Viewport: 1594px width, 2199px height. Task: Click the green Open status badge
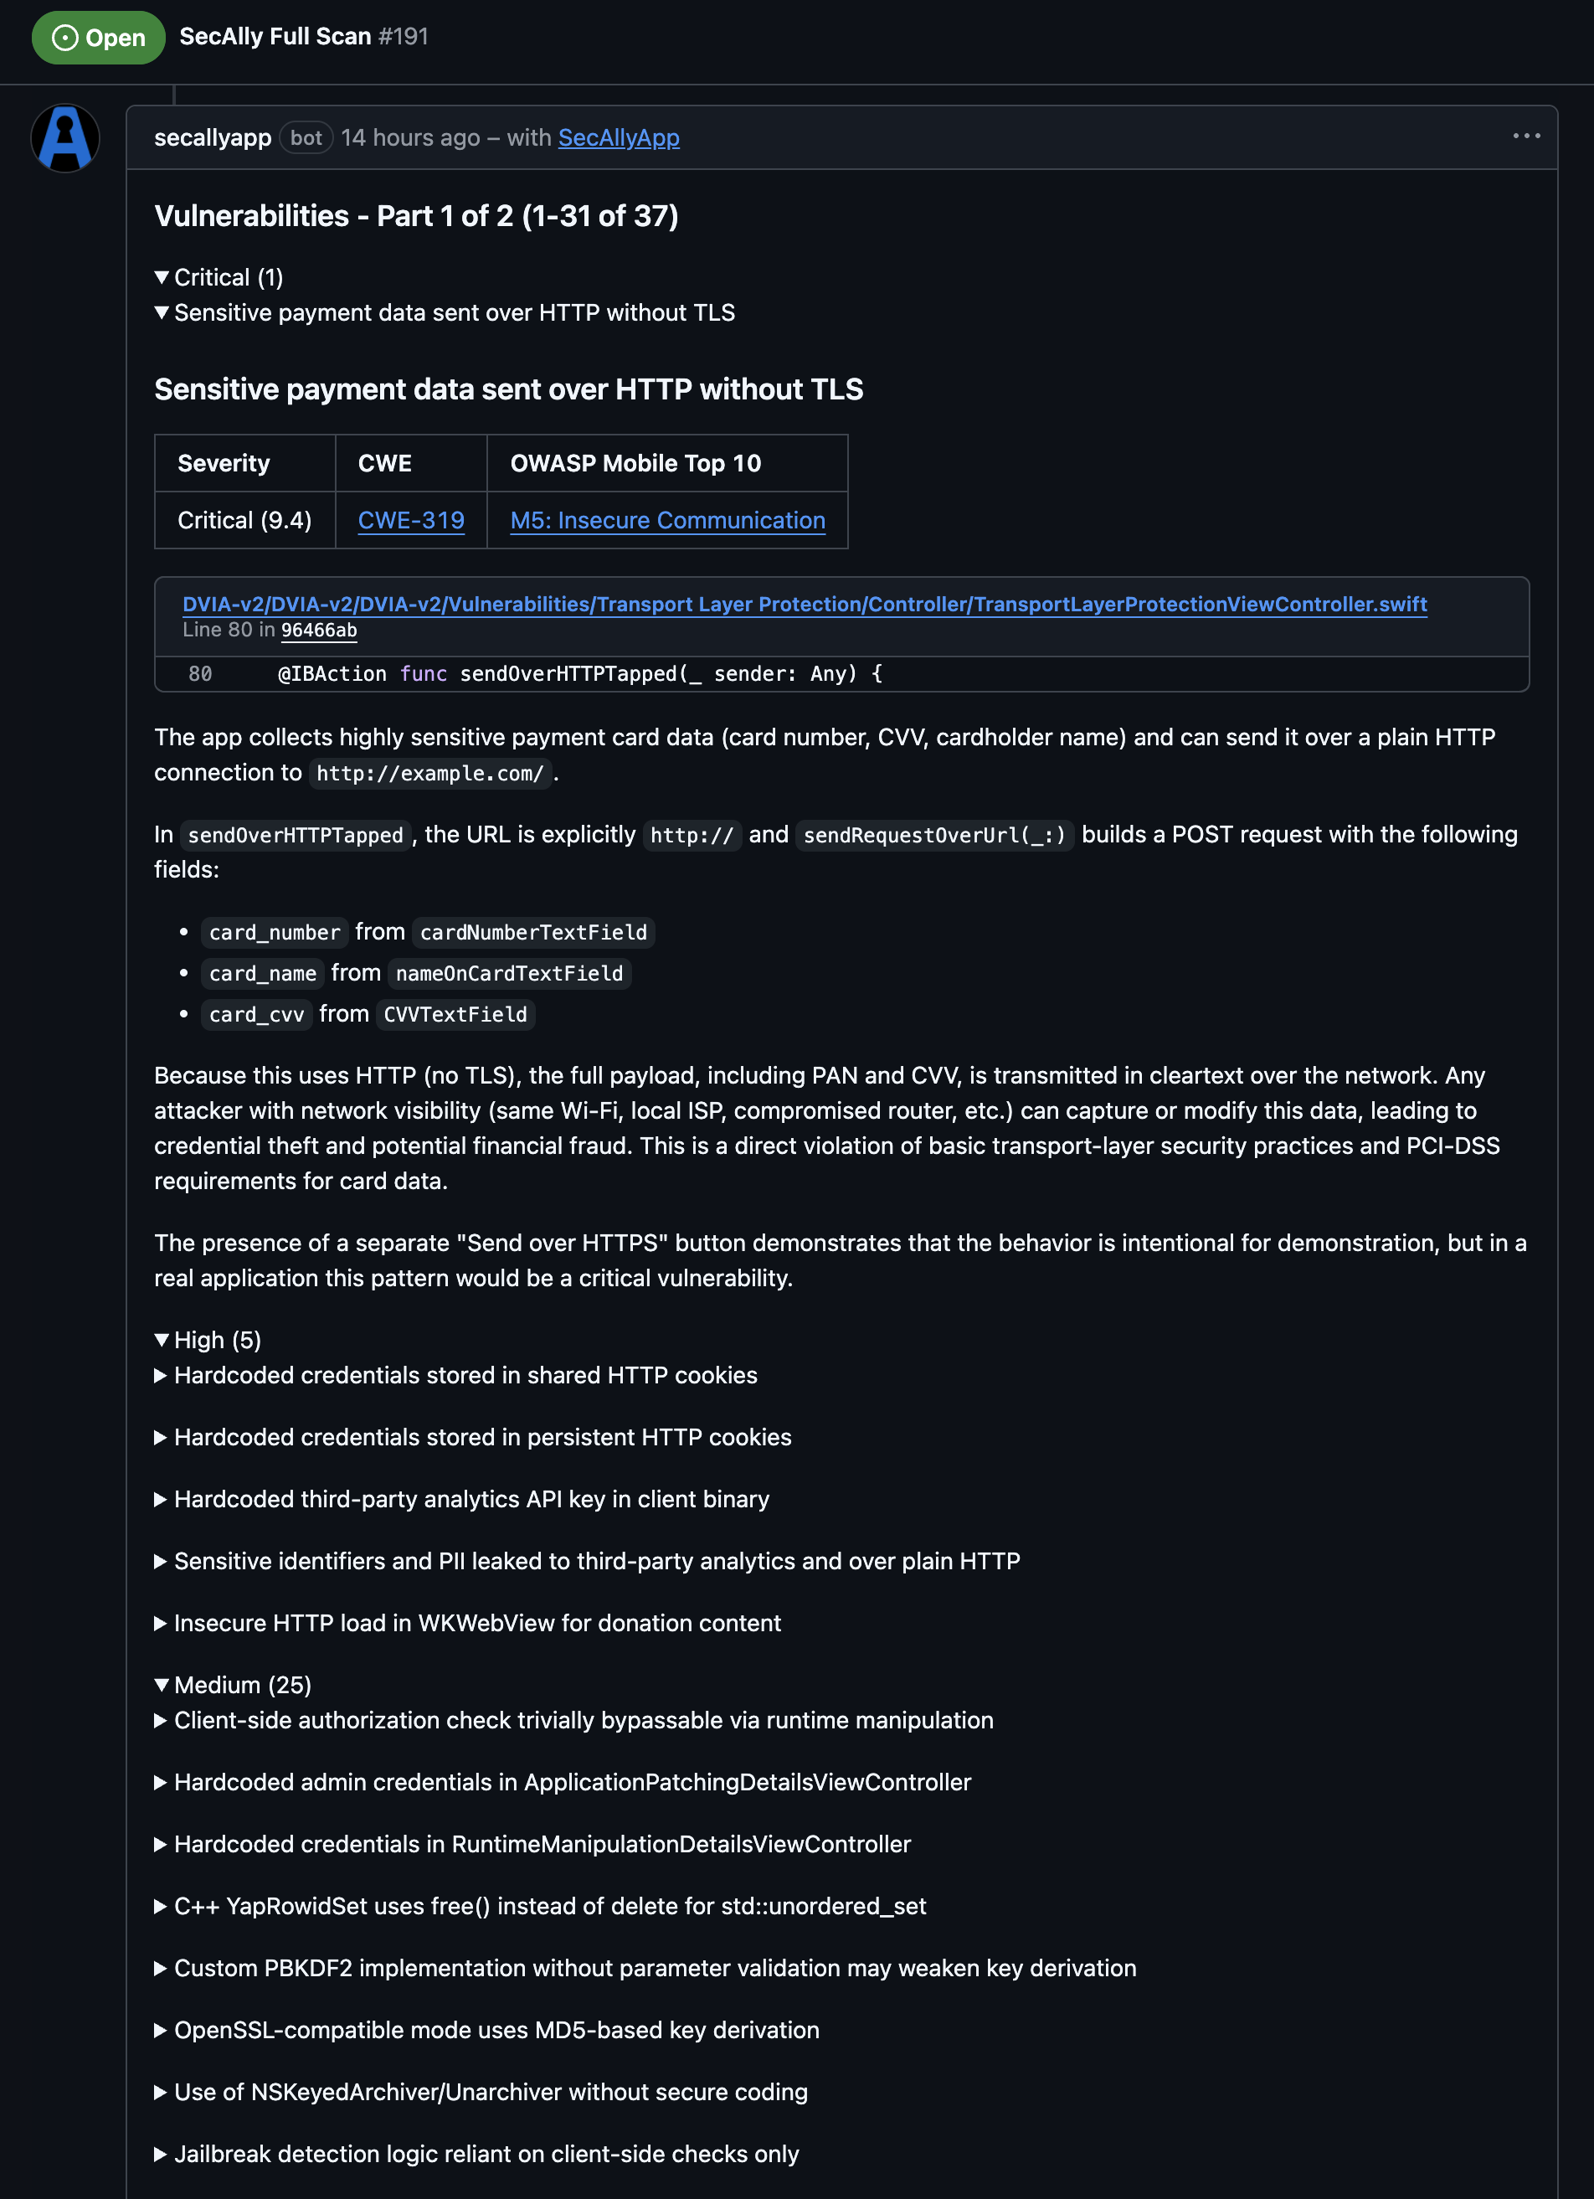point(98,38)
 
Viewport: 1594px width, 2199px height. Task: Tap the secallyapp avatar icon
point(65,137)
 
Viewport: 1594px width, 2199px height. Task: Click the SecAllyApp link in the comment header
point(619,137)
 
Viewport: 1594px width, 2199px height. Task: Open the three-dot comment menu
point(1526,136)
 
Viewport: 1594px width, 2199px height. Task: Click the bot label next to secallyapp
point(306,137)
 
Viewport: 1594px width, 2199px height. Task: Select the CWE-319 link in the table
point(411,521)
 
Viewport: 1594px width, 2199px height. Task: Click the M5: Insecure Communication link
point(667,521)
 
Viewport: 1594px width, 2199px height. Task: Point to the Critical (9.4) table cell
point(244,521)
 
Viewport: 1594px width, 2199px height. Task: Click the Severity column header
point(224,463)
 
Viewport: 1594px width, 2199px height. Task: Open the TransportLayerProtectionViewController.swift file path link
point(804,604)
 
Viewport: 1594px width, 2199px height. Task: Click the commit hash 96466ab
point(319,631)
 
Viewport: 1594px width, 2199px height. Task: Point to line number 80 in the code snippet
point(200,674)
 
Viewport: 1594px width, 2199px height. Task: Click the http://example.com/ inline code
point(429,774)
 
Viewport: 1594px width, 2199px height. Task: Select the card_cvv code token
point(257,1014)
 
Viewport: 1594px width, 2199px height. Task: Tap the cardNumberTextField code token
point(533,933)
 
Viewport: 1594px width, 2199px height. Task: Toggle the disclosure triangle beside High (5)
point(162,1340)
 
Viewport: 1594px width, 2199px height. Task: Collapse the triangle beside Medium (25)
point(162,1685)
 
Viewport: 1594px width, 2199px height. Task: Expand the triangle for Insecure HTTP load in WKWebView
point(161,1623)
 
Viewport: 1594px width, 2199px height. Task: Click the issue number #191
point(404,37)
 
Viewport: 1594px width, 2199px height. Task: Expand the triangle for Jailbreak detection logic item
point(161,2155)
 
